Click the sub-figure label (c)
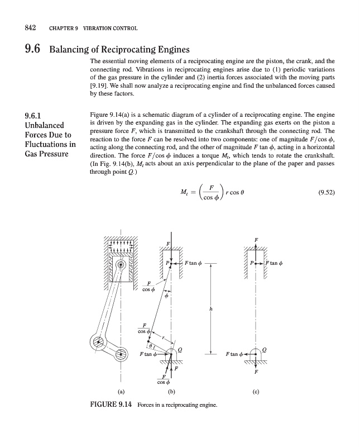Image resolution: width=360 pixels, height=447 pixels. (x=256, y=391)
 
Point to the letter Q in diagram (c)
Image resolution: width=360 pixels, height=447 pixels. (x=264, y=349)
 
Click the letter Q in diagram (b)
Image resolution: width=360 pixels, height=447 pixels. (x=180, y=349)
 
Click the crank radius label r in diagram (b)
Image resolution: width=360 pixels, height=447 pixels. (x=163, y=337)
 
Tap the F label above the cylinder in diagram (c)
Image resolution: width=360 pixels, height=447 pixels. (x=256, y=240)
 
